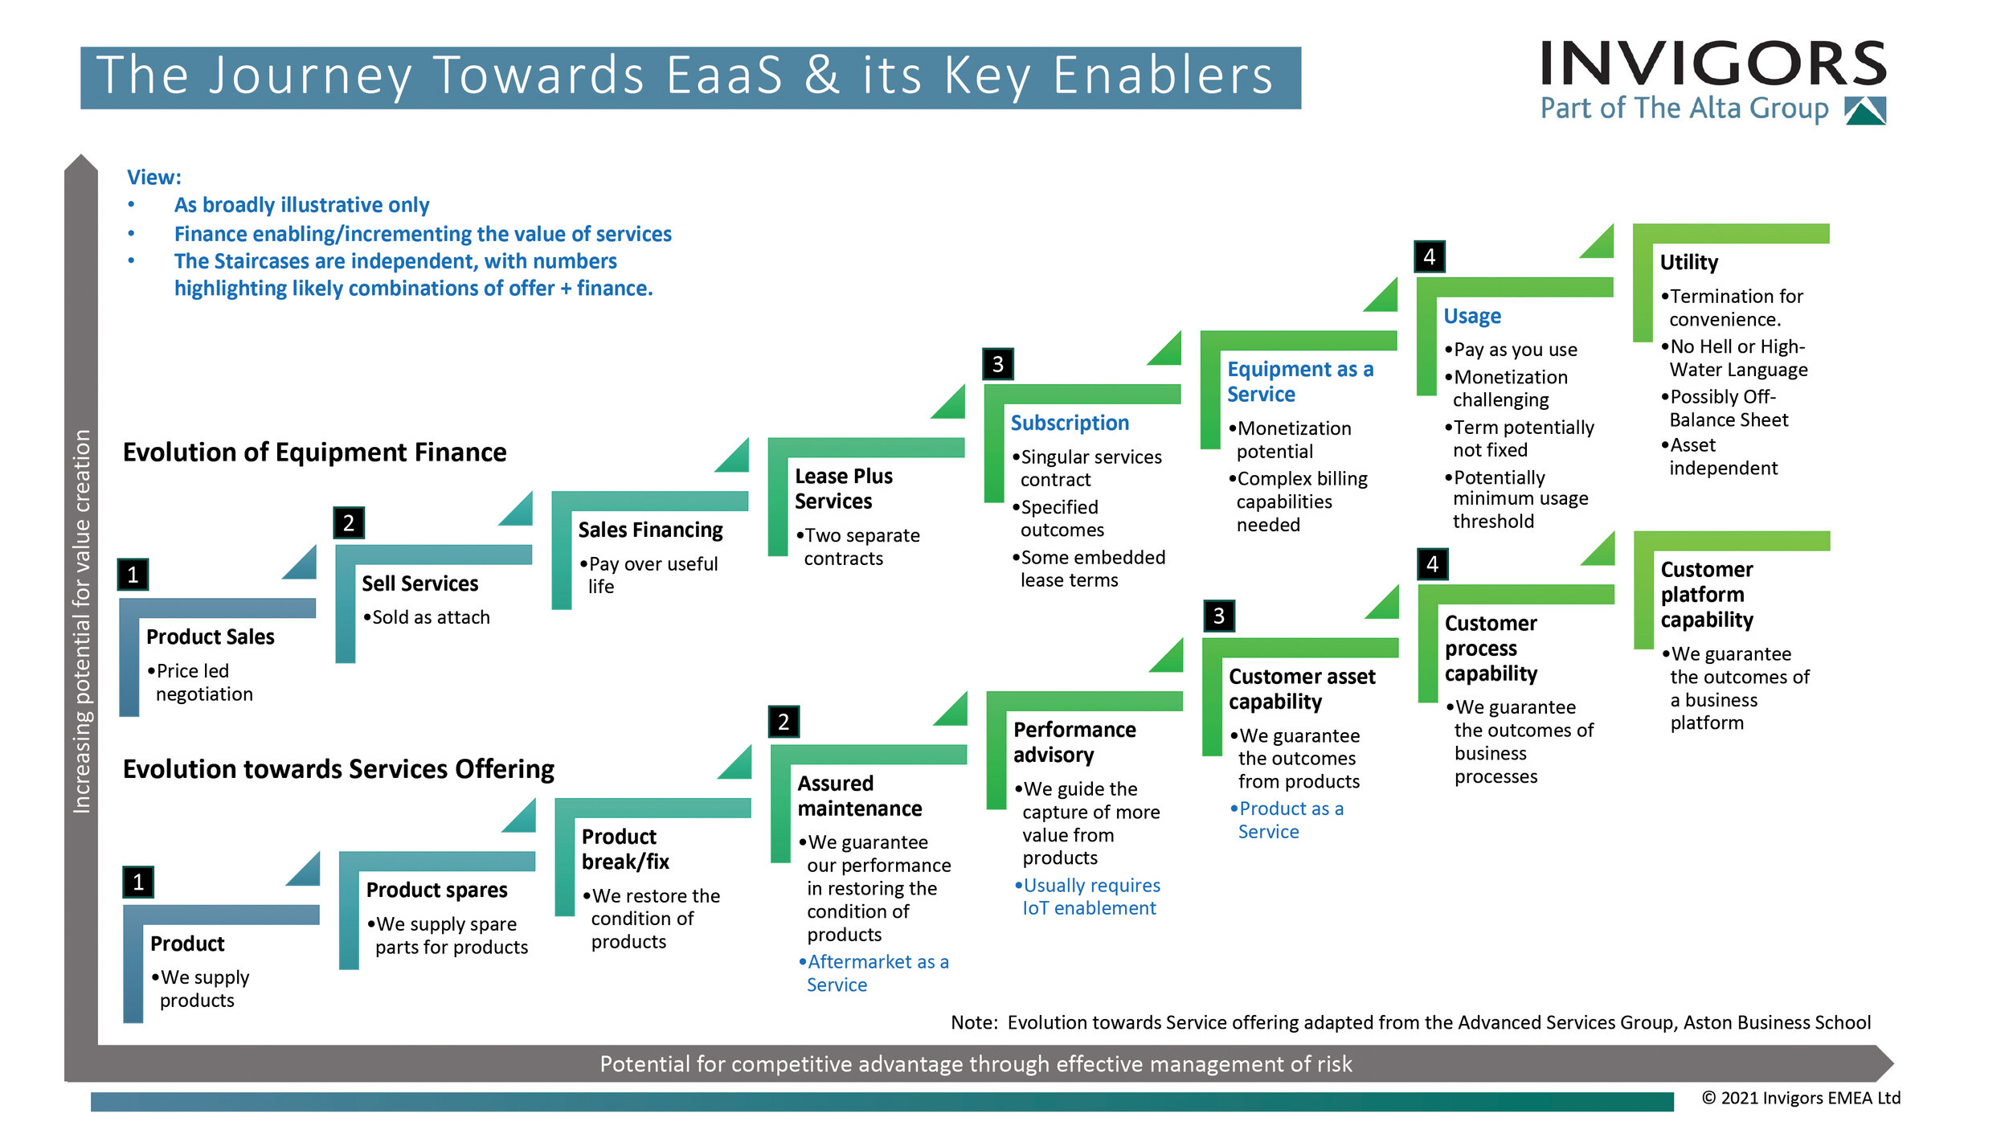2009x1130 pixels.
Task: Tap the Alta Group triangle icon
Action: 1866,111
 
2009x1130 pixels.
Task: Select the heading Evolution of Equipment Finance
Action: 314,452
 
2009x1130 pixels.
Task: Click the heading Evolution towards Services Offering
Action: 338,769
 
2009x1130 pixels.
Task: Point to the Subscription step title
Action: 1070,423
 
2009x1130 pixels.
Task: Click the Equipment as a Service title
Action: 1299,382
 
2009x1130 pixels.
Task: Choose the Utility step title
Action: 1688,263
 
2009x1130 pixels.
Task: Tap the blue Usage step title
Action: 1471,316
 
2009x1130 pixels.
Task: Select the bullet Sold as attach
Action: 427,617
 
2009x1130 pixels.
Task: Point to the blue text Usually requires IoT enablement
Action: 1089,897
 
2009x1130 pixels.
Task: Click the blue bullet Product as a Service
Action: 1288,821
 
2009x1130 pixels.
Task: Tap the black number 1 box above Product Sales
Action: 133,575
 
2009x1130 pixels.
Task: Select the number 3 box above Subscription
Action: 997,364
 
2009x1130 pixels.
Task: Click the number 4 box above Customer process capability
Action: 1432,564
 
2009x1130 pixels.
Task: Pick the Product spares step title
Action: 436,890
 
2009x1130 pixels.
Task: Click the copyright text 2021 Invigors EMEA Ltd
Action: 1801,1098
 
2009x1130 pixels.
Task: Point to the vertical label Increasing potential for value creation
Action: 81,621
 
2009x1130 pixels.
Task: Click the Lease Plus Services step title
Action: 843,489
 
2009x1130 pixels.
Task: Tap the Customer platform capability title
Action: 1706,595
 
